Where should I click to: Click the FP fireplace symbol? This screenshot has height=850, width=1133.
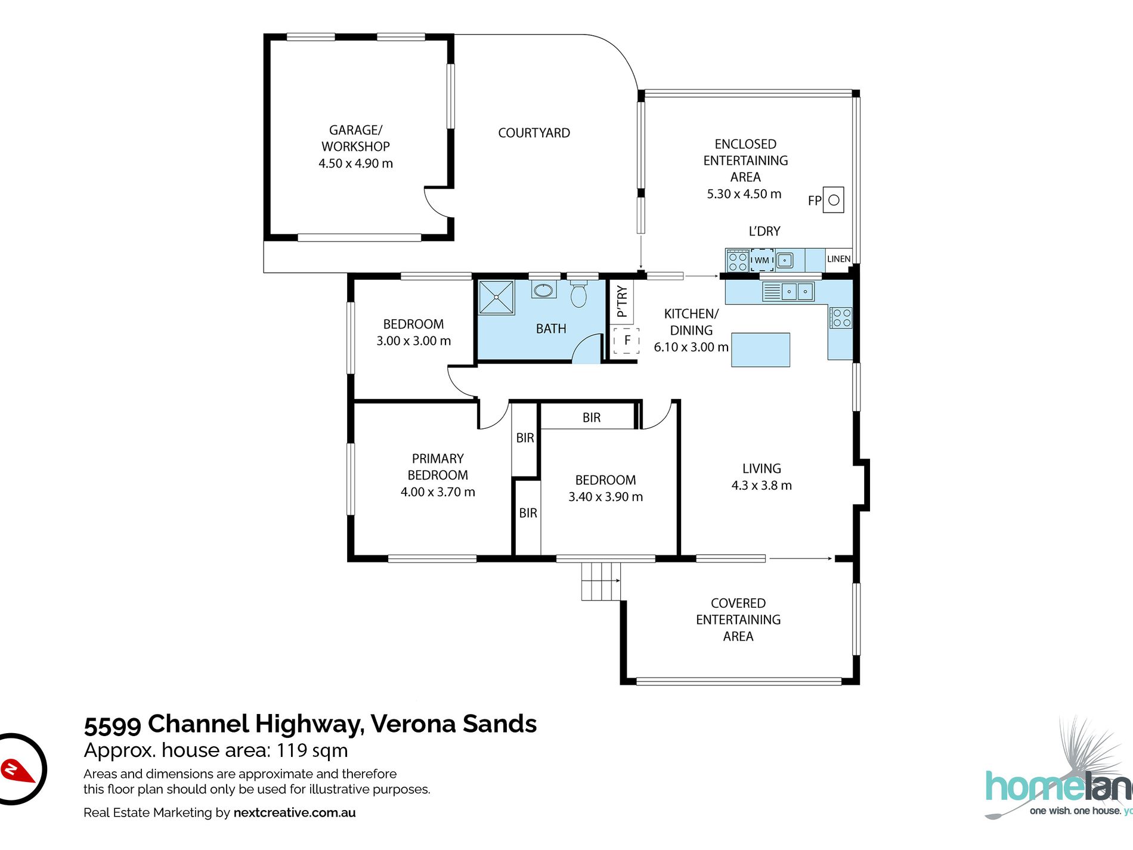click(833, 200)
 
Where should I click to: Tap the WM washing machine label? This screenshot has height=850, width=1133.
click(761, 260)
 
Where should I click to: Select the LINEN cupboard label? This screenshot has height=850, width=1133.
click(838, 259)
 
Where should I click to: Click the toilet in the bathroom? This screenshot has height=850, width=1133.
click(578, 293)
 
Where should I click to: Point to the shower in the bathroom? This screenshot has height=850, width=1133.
click(496, 297)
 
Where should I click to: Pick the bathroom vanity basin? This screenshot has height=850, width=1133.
click(543, 290)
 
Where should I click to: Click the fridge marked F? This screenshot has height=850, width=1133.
click(627, 341)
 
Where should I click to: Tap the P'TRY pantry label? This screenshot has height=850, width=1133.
click(622, 301)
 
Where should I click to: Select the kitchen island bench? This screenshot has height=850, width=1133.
click(760, 350)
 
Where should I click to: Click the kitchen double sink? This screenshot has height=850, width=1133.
click(797, 292)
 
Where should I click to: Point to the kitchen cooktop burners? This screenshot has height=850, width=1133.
click(841, 318)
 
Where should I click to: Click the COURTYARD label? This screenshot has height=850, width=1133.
click(534, 133)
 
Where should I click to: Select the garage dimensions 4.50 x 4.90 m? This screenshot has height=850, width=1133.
click(355, 163)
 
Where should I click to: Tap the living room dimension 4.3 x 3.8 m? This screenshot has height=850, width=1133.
click(761, 486)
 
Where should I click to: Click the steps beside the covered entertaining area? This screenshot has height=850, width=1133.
click(600, 581)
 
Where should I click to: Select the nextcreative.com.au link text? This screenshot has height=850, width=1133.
click(295, 812)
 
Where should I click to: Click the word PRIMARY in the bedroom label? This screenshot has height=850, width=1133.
click(438, 459)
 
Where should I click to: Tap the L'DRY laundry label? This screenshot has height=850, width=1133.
click(764, 231)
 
